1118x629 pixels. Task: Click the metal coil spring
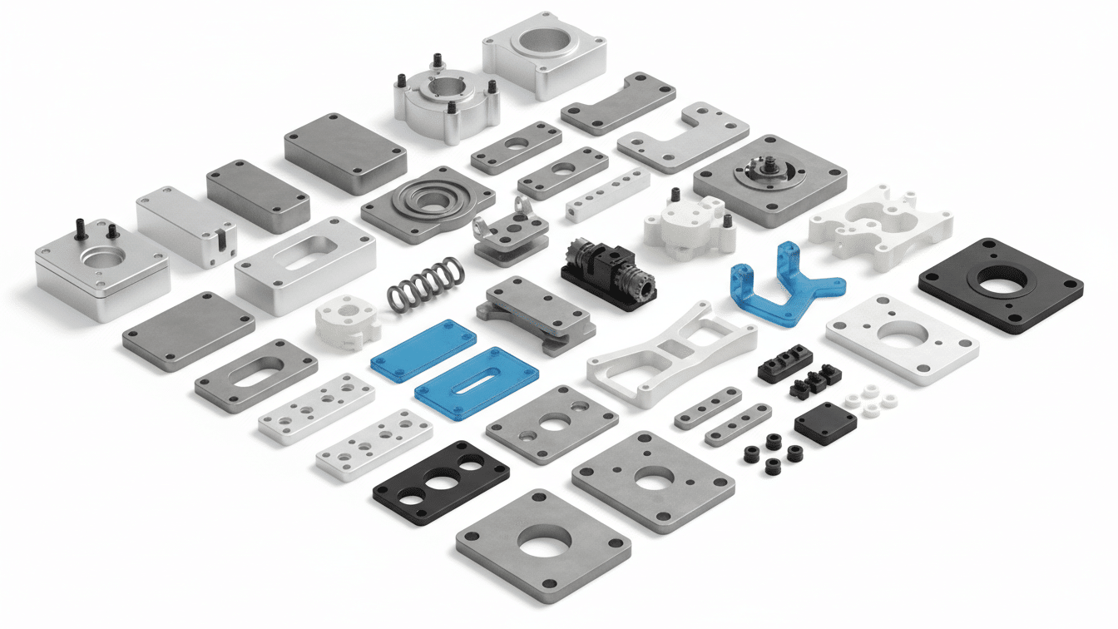pyautogui.click(x=425, y=283)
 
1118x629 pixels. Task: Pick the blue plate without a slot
pyautogui.click(x=423, y=350)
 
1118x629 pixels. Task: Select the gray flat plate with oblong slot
pyautogui.click(x=255, y=375)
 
